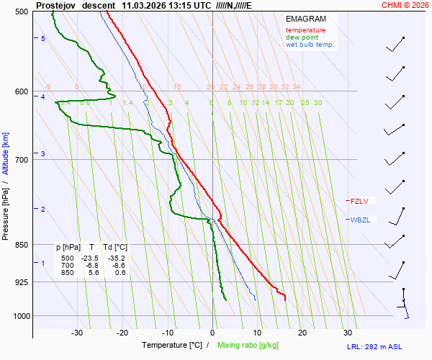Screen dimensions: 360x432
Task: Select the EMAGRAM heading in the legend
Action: tap(305, 19)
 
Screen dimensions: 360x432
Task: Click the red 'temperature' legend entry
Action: tap(305, 30)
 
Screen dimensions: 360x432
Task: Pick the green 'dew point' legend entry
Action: tap(302, 37)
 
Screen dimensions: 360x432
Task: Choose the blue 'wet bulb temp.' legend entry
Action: tap(310, 45)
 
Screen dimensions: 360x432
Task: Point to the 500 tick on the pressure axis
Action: tap(21, 12)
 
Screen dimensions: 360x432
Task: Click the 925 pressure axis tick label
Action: tap(21, 282)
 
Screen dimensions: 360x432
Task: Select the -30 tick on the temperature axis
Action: tap(77, 333)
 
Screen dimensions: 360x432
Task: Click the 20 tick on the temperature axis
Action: tap(302, 333)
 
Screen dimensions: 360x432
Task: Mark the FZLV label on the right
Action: tap(359, 201)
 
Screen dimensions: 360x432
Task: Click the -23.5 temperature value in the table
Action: tap(90, 258)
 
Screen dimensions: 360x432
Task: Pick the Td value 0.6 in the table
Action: tap(120, 272)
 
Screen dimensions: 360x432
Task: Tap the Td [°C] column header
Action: tap(114, 247)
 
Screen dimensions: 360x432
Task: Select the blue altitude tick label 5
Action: tap(43, 38)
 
